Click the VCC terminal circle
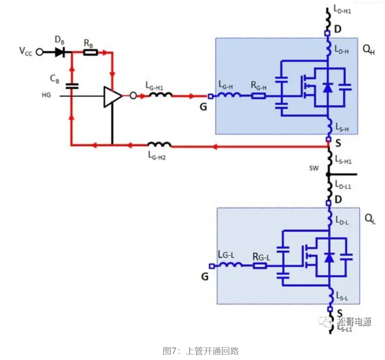click(39, 52)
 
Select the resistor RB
click(90, 52)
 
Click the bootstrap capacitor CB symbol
click(72, 86)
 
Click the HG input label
click(46, 95)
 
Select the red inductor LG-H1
click(160, 95)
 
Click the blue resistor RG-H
click(258, 96)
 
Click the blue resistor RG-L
click(260, 265)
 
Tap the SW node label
click(314, 168)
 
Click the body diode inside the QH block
click(327, 88)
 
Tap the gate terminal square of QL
click(211, 265)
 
